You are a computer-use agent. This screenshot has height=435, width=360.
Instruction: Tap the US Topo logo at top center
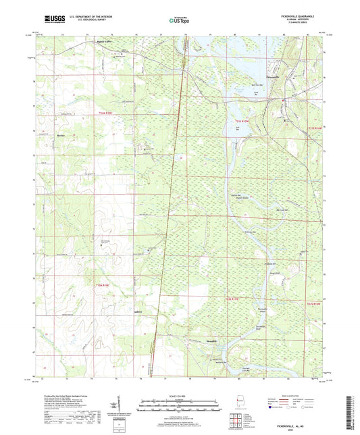(x=179, y=20)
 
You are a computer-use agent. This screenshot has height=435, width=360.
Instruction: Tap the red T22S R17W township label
(x=232, y=297)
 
